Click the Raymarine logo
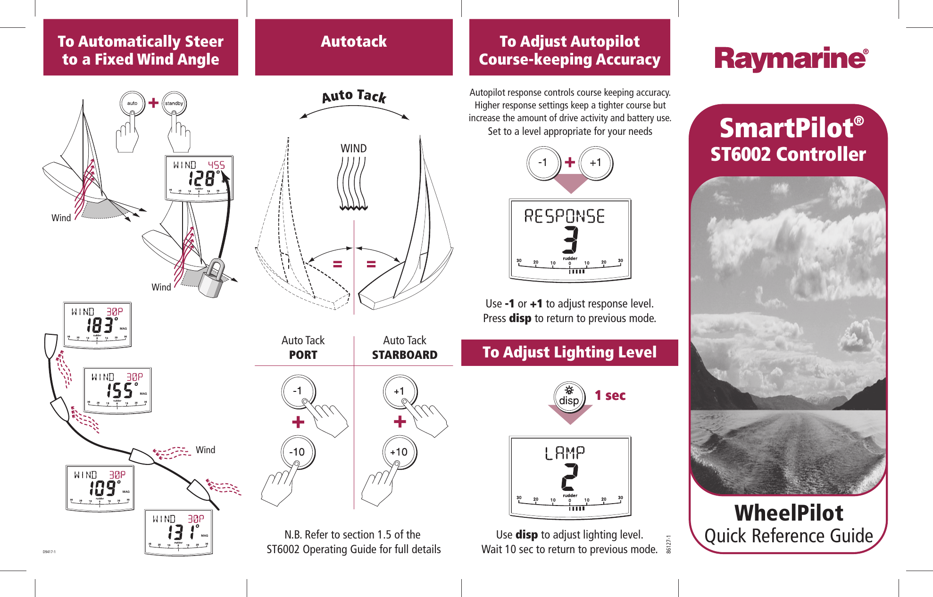(x=791, y=59)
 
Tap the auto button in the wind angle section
(x=132, y=103)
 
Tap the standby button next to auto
(x=174, y=104)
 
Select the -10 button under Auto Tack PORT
(x=297, y=452)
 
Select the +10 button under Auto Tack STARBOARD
(x=399, y=452)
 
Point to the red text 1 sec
(x=610, y=395)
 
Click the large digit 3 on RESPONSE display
(x=570, y=240)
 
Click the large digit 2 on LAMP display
(x=570, y=477)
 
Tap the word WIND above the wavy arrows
(x=353, y=149)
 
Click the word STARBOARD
(x=404, y=355)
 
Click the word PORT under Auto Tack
(x=303, y=355)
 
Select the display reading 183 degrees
(x=97, y=325)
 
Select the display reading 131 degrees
(x=178, y=531)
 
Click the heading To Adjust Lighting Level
(x=569, y=352)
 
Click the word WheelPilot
(x=789, y=513)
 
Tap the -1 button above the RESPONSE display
(x=543, y=163)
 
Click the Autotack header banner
(x=354, y=47)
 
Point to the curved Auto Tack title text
(x=354, y=96)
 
